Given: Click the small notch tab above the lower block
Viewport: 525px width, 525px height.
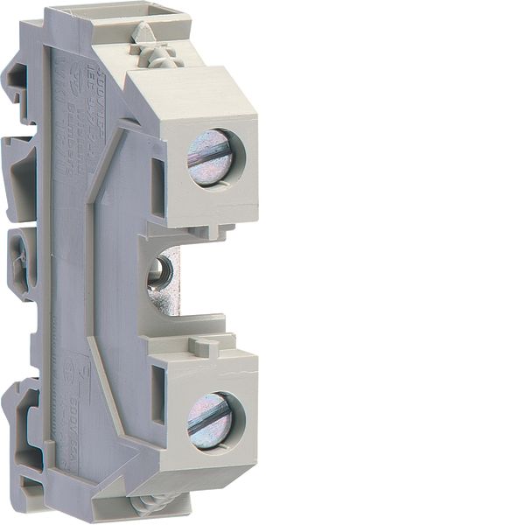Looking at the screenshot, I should (x=202, y=346).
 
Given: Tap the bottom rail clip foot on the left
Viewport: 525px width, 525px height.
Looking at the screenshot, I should (x=26, y=455).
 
